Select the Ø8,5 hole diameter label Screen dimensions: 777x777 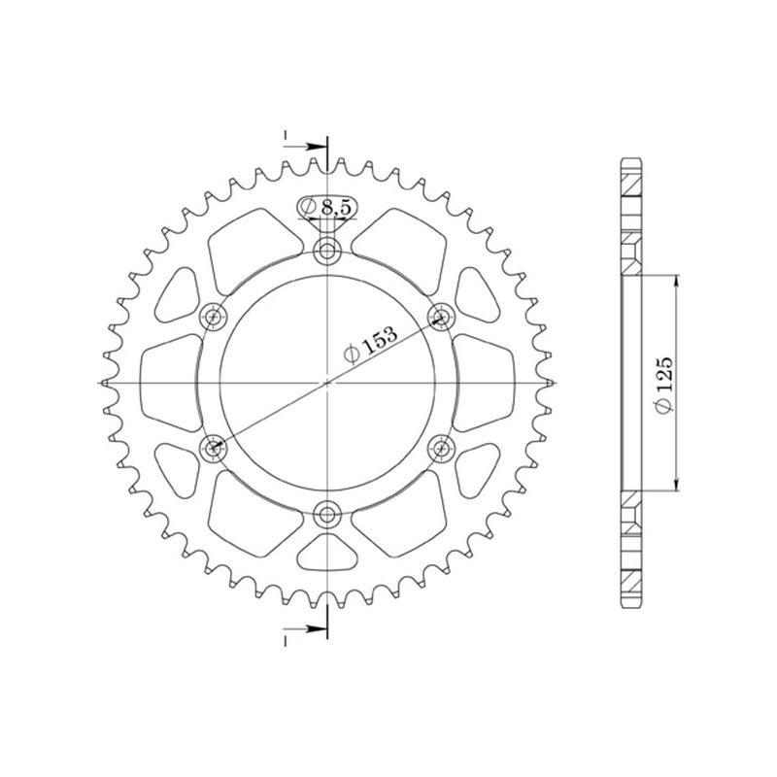tap(327, 207)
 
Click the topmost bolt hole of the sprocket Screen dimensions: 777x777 tap(327, 253)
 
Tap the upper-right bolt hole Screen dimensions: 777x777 tap(442, 316)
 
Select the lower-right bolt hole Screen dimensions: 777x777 tap(442, 447)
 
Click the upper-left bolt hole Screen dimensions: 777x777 tap(213, 316)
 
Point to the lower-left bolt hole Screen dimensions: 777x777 tap(213, 447)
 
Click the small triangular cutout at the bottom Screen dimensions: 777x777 tap(327, 557)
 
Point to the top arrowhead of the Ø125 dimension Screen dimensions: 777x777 tap(677, 281)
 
